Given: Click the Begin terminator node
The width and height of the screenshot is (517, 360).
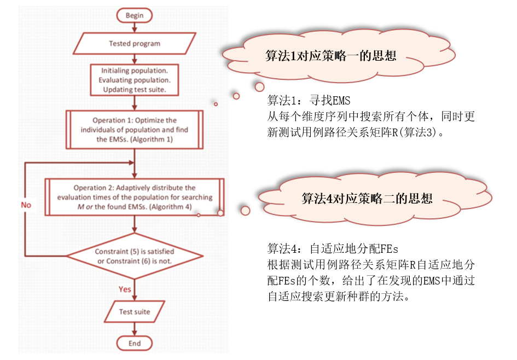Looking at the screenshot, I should click(135, 15).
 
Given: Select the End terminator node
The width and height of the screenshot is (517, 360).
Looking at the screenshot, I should click(135, 343).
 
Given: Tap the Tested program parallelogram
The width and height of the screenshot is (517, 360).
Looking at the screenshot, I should click(135, 43).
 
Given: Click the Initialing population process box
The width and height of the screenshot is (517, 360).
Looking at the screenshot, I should click(135, 80).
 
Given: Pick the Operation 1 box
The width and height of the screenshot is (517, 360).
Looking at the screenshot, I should click(135, 129).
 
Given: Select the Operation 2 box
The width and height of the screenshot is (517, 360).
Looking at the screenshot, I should click(135, 197).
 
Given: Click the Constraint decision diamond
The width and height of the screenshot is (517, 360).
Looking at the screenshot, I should click(135, 256).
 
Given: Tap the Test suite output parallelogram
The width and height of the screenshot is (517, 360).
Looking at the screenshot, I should click(135, 312).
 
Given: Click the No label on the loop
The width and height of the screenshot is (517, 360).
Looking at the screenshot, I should click(26, 205).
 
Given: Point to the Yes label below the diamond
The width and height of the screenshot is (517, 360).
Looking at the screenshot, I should click(125, 288).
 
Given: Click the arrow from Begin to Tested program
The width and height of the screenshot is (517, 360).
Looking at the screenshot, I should click(135, 27).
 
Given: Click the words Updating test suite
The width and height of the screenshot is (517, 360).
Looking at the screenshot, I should click(135, 89).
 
